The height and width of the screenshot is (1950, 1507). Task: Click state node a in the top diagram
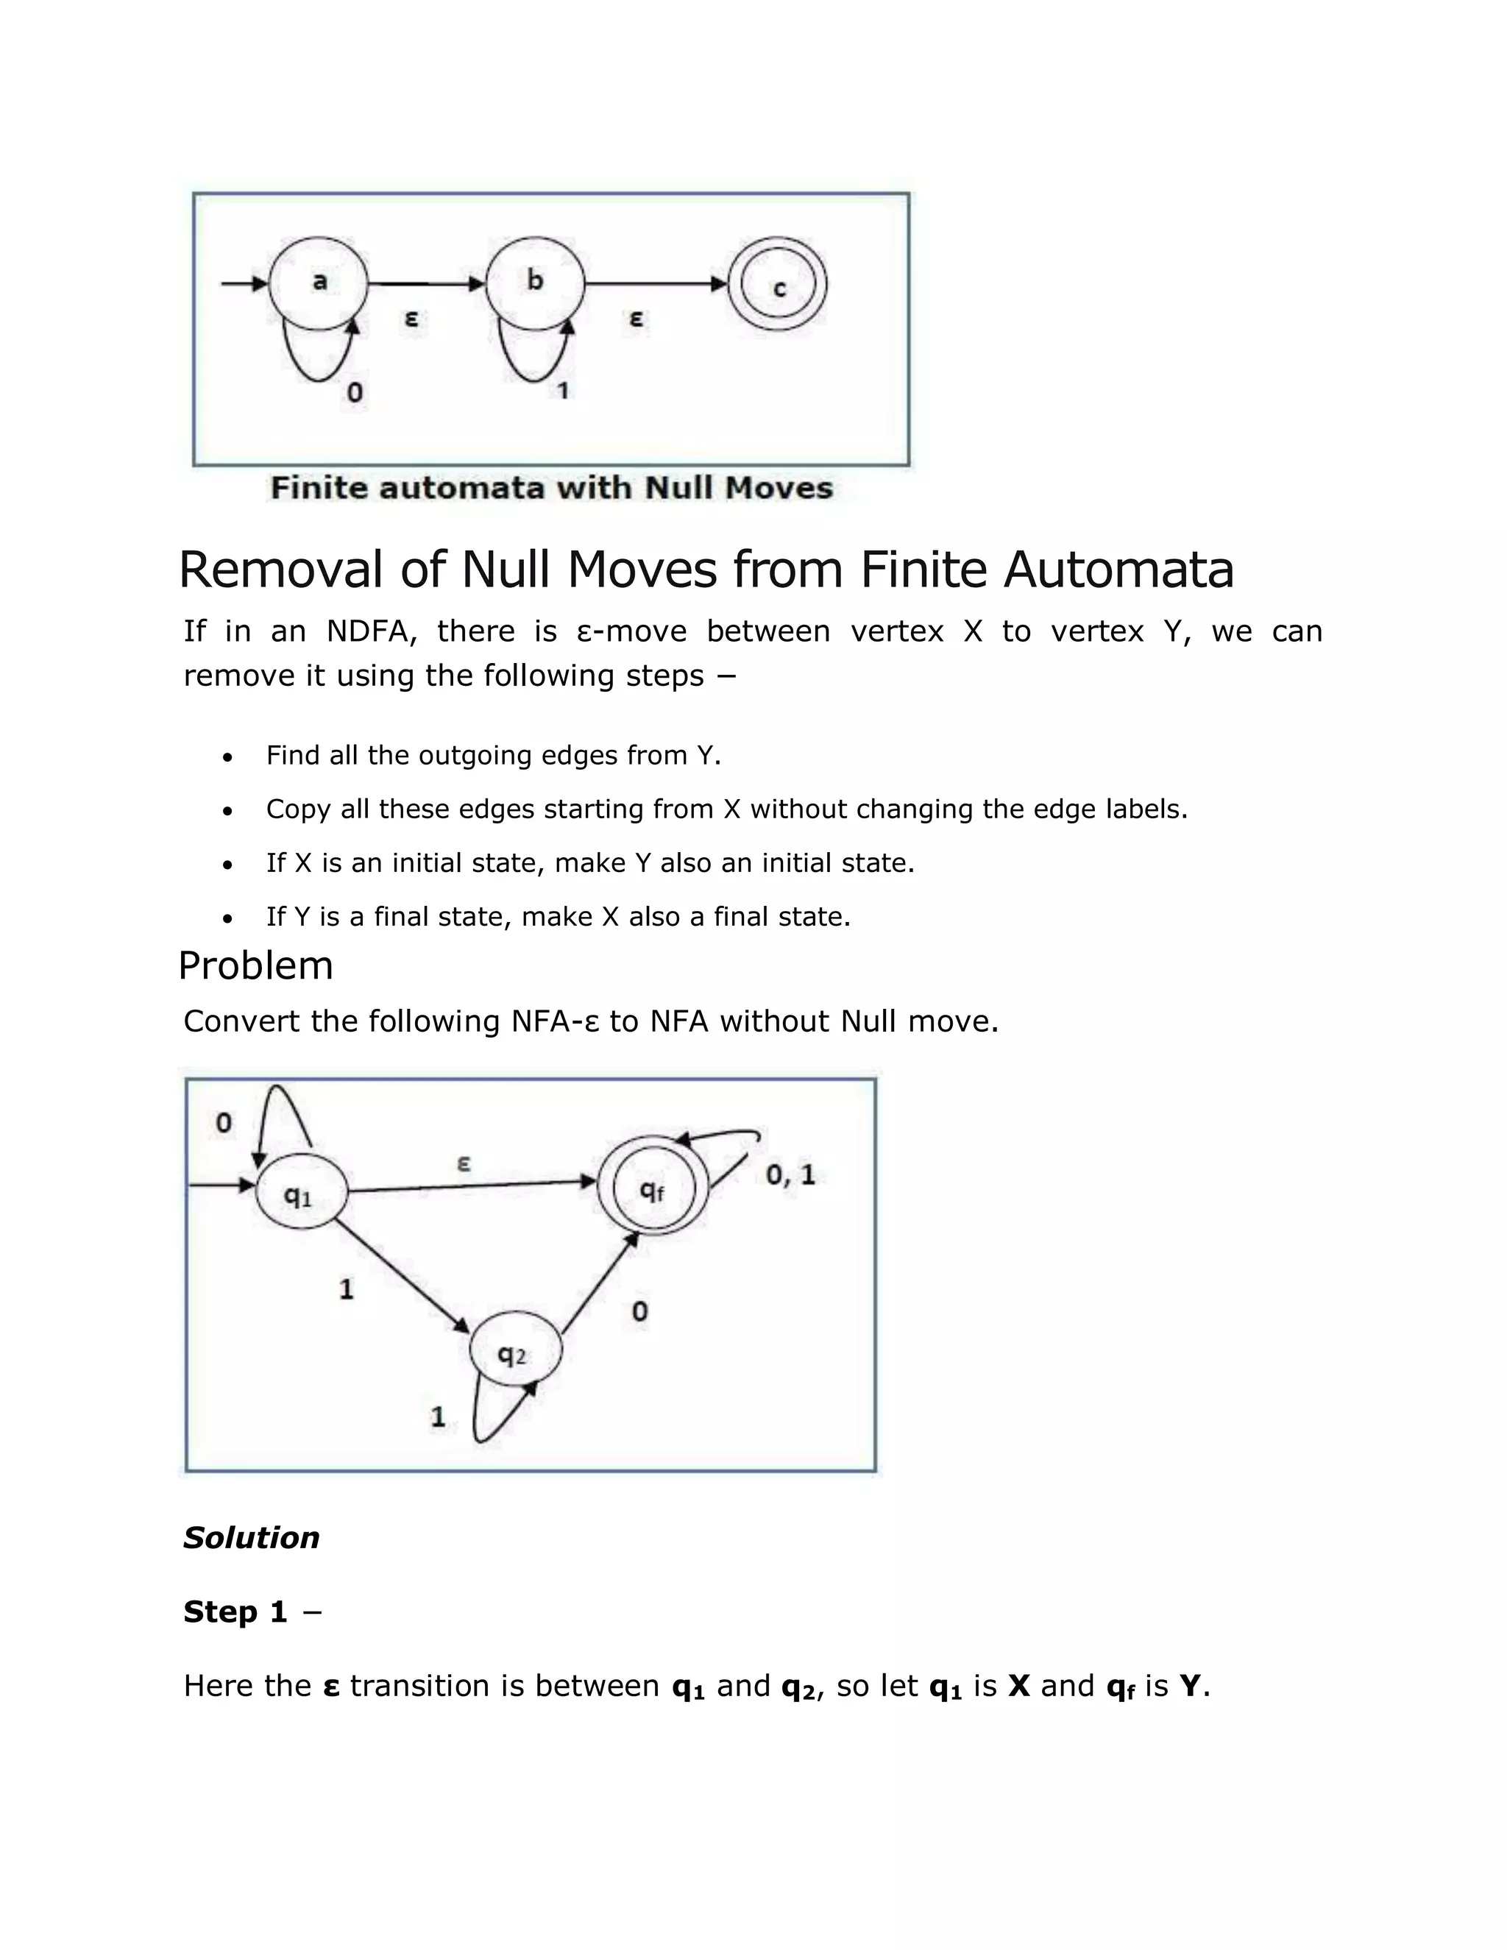click(319, 282)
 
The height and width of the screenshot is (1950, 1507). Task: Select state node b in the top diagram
click(535, 281)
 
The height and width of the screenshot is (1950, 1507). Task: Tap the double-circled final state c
click(778, 285)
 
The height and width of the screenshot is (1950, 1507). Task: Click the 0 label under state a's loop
click(355, 392)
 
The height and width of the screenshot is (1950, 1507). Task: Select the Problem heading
click(255, 965)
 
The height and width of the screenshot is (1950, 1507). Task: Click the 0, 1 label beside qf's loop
click(790, 1175)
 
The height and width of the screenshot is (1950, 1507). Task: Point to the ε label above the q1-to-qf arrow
click(464, 1163)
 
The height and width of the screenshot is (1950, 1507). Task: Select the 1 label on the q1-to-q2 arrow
click(347, 1288)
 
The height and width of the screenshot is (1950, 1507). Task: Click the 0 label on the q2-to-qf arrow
click(639, 1311)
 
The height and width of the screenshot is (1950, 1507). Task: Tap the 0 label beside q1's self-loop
click(223, 1123)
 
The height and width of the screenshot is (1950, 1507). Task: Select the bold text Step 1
click(235, 1612)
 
